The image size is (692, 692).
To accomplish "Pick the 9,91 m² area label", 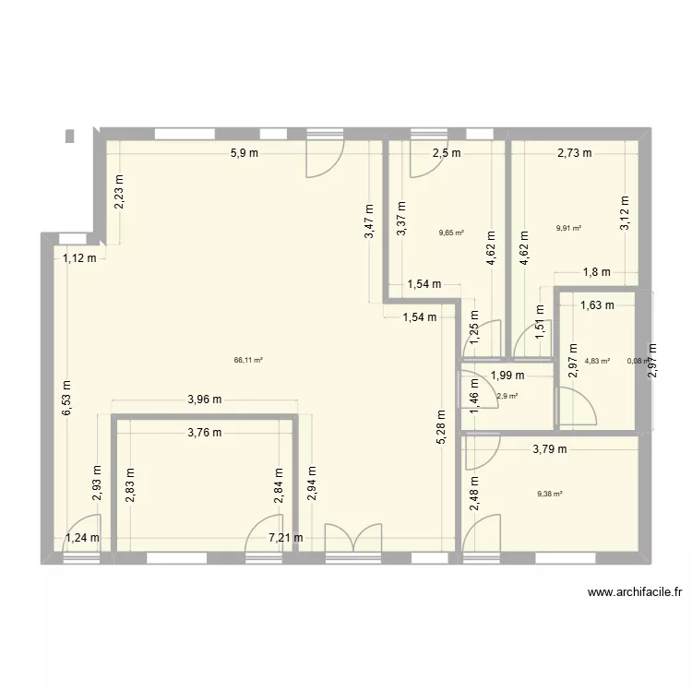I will tap(569, 228).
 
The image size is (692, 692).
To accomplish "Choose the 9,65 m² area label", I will tap(451, 233).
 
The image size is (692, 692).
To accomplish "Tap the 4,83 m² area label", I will tap(597, 361).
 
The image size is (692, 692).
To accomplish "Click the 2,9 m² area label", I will tap(507, 396).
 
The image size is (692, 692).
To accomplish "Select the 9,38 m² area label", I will tap(550, 494).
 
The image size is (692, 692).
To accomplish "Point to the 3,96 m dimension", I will tap(205, 400).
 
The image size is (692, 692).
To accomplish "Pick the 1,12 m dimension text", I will tap(79, 258).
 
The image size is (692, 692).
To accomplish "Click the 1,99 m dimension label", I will tap(507, 376).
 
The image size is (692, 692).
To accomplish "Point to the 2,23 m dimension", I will tap(119, 193).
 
